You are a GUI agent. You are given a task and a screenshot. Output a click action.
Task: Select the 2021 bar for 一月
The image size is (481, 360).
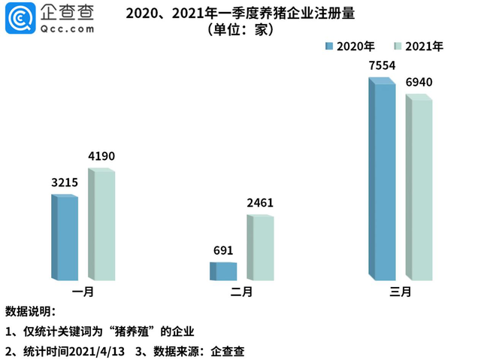point(102,225)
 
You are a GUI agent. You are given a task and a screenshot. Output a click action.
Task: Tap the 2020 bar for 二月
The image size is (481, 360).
point(223,271)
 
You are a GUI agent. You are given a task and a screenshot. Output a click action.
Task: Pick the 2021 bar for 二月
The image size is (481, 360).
point(260,248)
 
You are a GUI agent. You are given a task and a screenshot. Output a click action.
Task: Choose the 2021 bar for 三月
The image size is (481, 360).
point(419,188)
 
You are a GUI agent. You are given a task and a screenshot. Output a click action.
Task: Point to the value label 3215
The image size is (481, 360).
point(63,183)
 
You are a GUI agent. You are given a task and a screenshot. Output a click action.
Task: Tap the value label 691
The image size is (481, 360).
point(223,250)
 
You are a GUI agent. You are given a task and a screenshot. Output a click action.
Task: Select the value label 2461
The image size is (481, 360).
point(259,203)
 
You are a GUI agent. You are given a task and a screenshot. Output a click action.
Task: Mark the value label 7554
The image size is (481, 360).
point(381,65)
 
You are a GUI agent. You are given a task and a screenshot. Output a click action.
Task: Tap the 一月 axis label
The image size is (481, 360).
point(82,292)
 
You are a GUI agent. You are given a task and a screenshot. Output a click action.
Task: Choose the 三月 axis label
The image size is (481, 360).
point(401,292)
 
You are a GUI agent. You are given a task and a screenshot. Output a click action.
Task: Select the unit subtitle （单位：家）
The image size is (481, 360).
point(240,31)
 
